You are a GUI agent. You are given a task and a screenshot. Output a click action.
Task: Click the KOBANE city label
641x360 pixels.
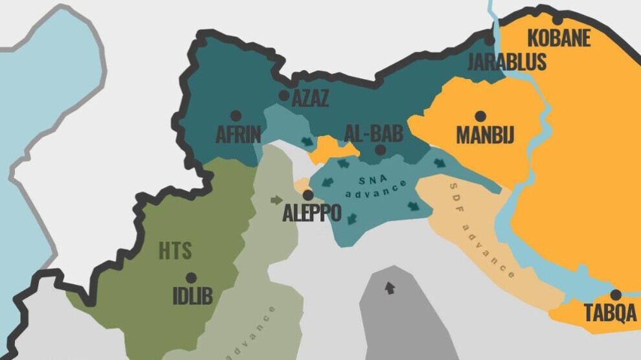559,38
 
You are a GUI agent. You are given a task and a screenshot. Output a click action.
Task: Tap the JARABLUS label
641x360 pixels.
507,62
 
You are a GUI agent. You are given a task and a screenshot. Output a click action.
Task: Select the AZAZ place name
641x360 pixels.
310,99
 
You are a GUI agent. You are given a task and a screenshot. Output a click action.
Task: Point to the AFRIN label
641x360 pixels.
238,135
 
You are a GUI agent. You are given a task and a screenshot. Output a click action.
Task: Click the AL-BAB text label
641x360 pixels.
374,134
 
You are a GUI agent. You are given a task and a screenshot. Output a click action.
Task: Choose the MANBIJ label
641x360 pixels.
485,135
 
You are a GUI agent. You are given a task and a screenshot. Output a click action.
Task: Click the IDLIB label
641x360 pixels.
192,296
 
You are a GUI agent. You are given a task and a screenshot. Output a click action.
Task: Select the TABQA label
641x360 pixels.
611,313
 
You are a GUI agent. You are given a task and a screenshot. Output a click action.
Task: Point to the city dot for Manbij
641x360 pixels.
480,117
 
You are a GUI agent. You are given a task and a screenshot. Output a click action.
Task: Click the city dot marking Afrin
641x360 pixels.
236,115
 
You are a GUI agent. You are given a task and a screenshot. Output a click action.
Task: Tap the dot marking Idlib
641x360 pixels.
191,277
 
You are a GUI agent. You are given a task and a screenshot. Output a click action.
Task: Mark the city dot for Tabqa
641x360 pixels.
616,295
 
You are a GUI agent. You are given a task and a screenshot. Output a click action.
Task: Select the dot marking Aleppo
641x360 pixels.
308,194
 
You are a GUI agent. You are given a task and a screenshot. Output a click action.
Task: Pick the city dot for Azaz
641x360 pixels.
284,95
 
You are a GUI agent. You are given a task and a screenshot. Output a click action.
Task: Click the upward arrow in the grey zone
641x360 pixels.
389,287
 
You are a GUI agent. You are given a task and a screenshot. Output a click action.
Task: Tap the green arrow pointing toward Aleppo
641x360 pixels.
277,200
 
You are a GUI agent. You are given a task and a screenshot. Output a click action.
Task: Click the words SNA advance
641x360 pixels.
376,185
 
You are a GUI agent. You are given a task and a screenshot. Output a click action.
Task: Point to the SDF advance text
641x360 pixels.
483,231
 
